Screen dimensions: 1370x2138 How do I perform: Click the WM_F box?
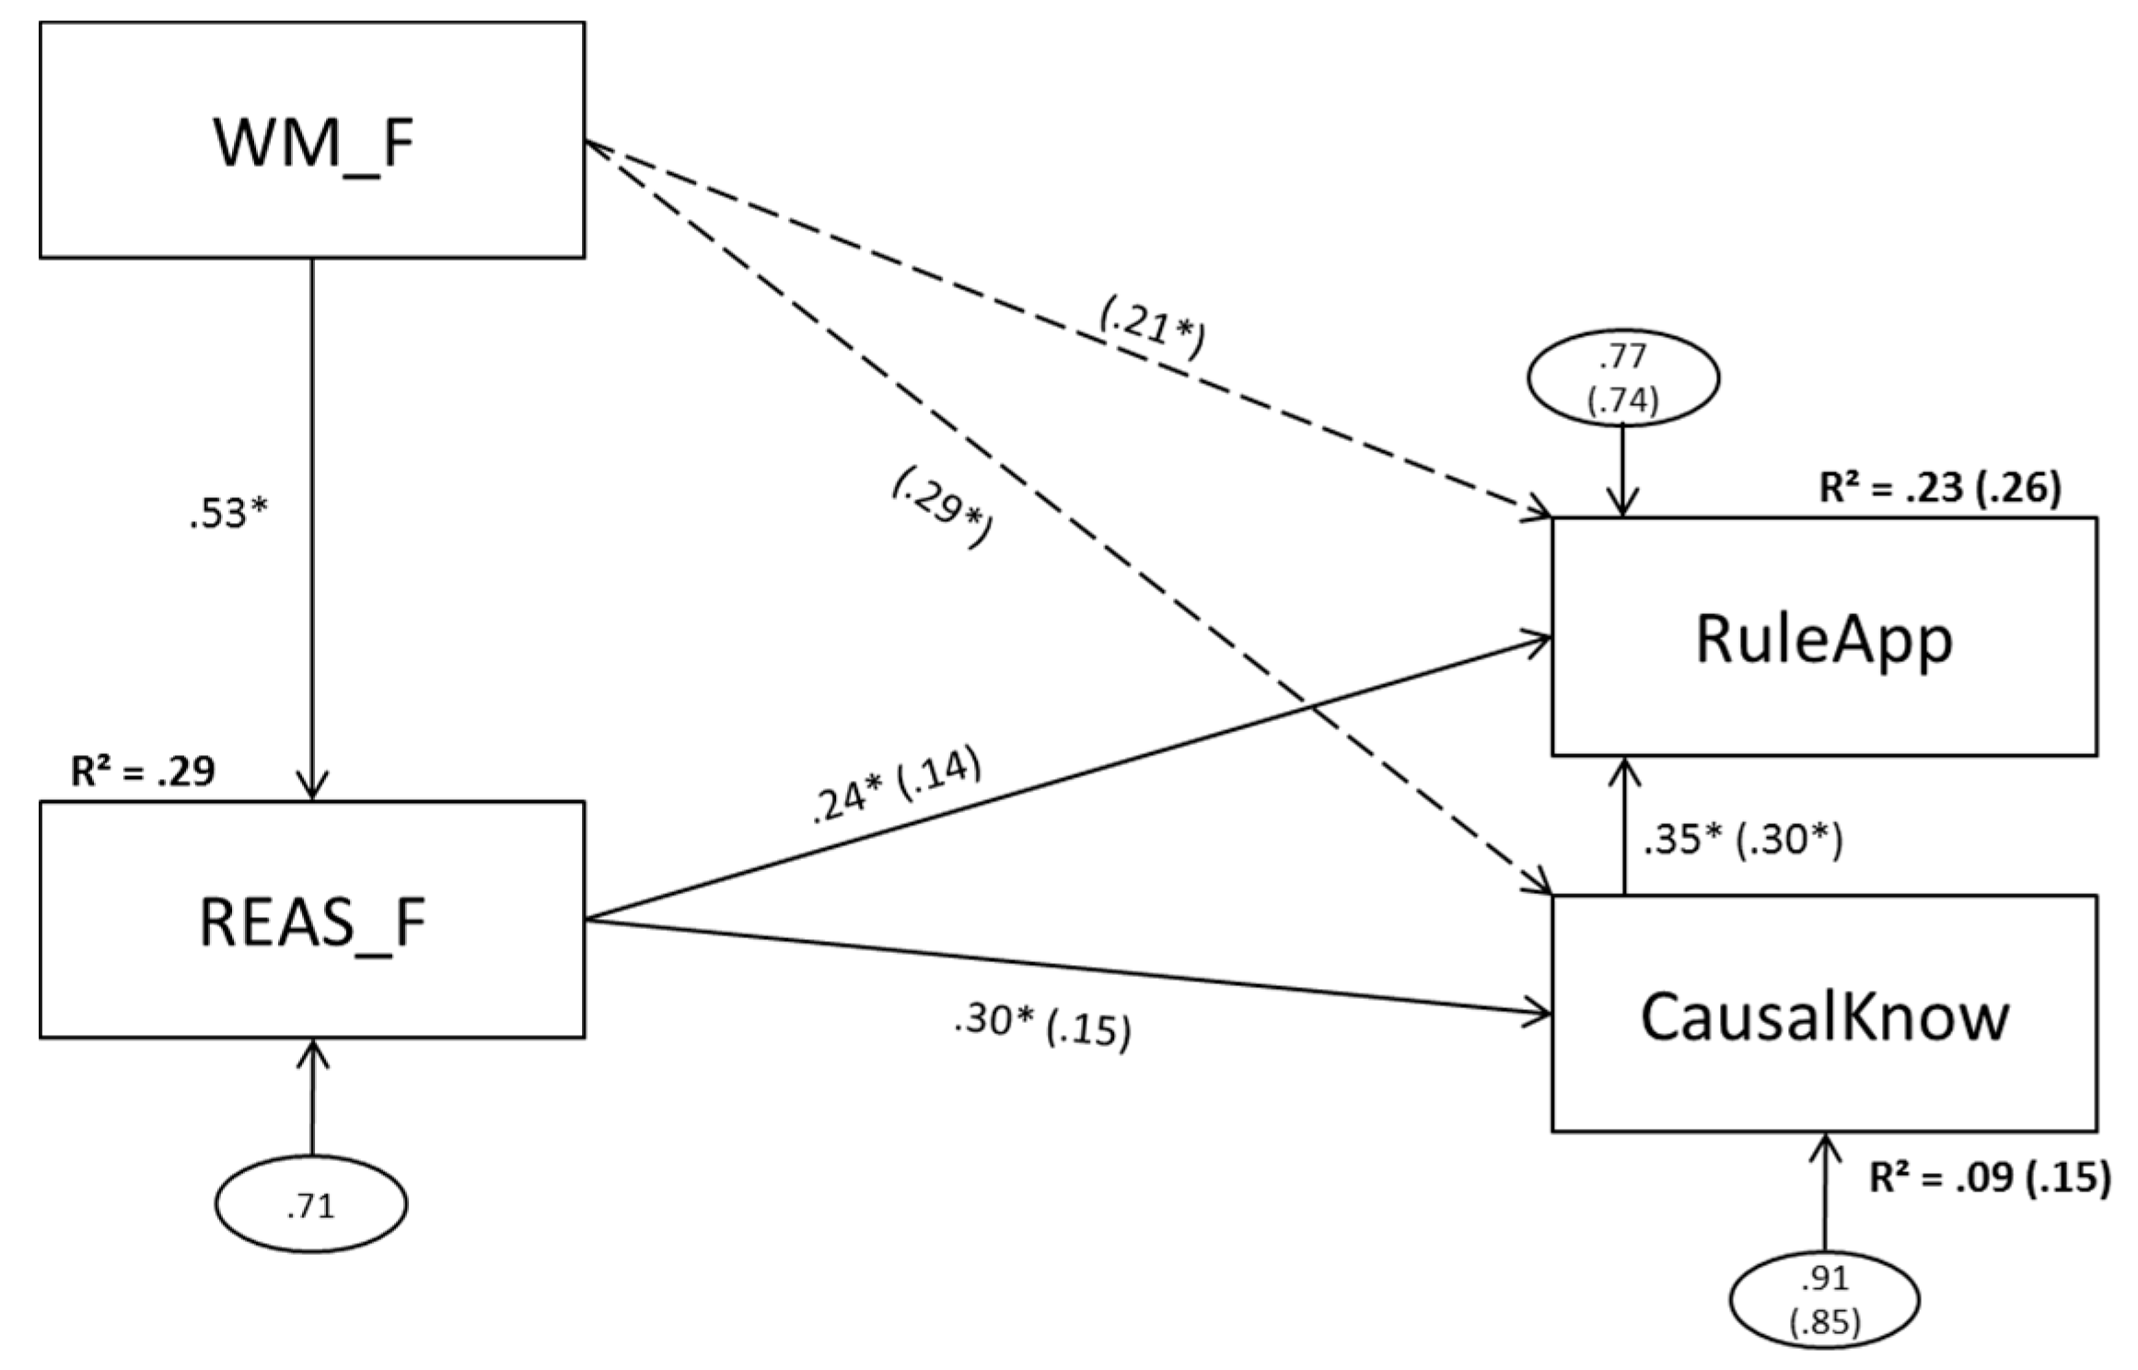pyautogui.click(x=311, y=140)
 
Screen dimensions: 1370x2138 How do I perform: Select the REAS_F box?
pyautogui.click(x=311, y=920)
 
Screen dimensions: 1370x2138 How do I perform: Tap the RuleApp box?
pyautogui.click(x=1824, y=636)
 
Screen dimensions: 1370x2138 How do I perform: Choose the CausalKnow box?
pyautogui.click(x=1824, y=1014)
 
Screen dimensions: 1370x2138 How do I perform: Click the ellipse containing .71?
pyautogui.click(x=311, y=1204)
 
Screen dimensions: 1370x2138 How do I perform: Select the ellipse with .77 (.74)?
pyautogui.click(x=1623, y=379)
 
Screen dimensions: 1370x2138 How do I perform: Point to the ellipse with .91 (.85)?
pyautogui.click(x=1824, y=1300)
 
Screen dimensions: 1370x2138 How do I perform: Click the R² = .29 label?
pyautogui.click(x=143, y=771)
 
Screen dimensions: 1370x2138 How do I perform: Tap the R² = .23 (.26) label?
pyautogui.click(x=1940, y=488)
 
